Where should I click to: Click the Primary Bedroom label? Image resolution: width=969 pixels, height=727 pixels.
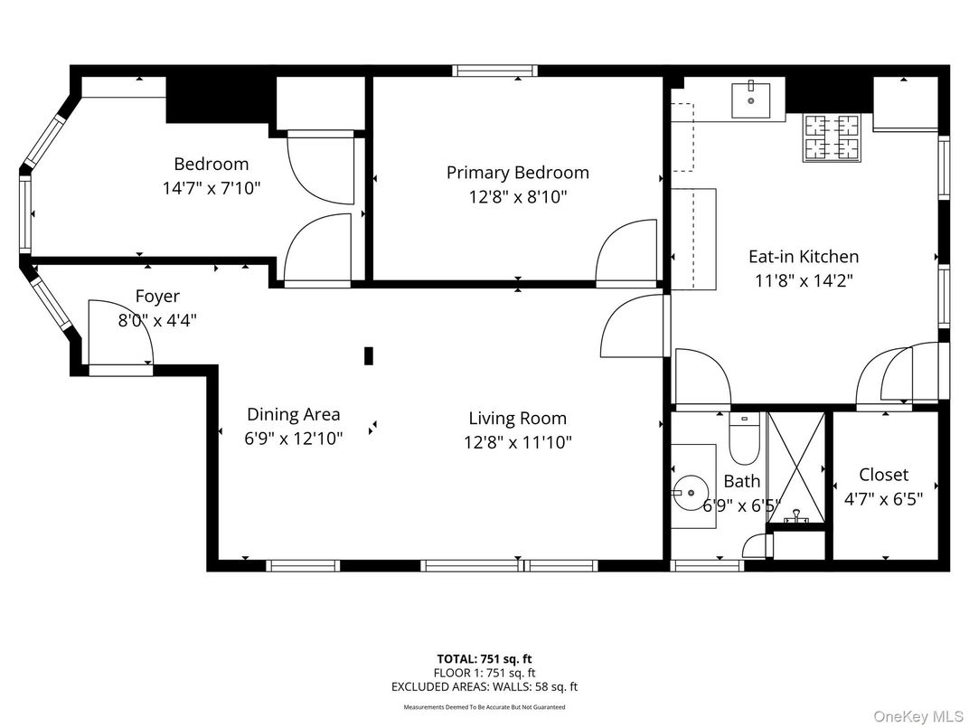[x=517, y=173]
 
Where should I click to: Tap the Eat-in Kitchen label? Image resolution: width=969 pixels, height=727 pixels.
[x=803, y=257]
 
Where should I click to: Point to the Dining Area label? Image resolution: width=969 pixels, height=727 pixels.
[x=293, y=414]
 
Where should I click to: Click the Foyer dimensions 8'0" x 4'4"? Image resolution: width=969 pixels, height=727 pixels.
[x=157, y=319]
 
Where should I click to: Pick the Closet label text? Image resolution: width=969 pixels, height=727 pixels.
[x=883, y=475]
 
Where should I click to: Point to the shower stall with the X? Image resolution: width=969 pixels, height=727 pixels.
[x=795, y=470]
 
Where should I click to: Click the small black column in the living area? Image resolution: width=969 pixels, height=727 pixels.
[x=369, y=355]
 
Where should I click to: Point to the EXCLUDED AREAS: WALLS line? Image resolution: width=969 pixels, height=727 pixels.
[x=484, y=686]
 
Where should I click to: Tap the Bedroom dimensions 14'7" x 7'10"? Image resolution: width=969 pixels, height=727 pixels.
[x=211, y=188]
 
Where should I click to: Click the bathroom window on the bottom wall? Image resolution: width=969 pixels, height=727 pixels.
[x=706, y=566]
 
